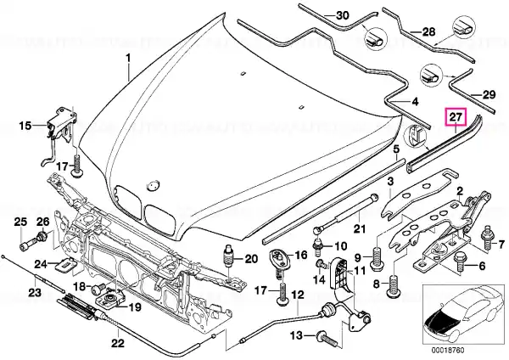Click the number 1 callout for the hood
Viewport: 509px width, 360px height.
tap(130, 58)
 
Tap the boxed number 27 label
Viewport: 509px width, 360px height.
tap(456, 119)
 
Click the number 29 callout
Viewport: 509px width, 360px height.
tap(489, 94)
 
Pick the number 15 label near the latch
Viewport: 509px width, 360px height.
tap(26, 126)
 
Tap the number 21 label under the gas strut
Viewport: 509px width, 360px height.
tap(359, 228)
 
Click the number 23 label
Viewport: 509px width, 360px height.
tap(33, 294)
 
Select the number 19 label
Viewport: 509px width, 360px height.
tap(134, 307)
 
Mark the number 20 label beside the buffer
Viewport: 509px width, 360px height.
tap(251, 259)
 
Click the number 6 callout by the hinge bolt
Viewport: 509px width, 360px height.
tap(481, 266)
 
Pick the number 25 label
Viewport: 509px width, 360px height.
tap(20, 222)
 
